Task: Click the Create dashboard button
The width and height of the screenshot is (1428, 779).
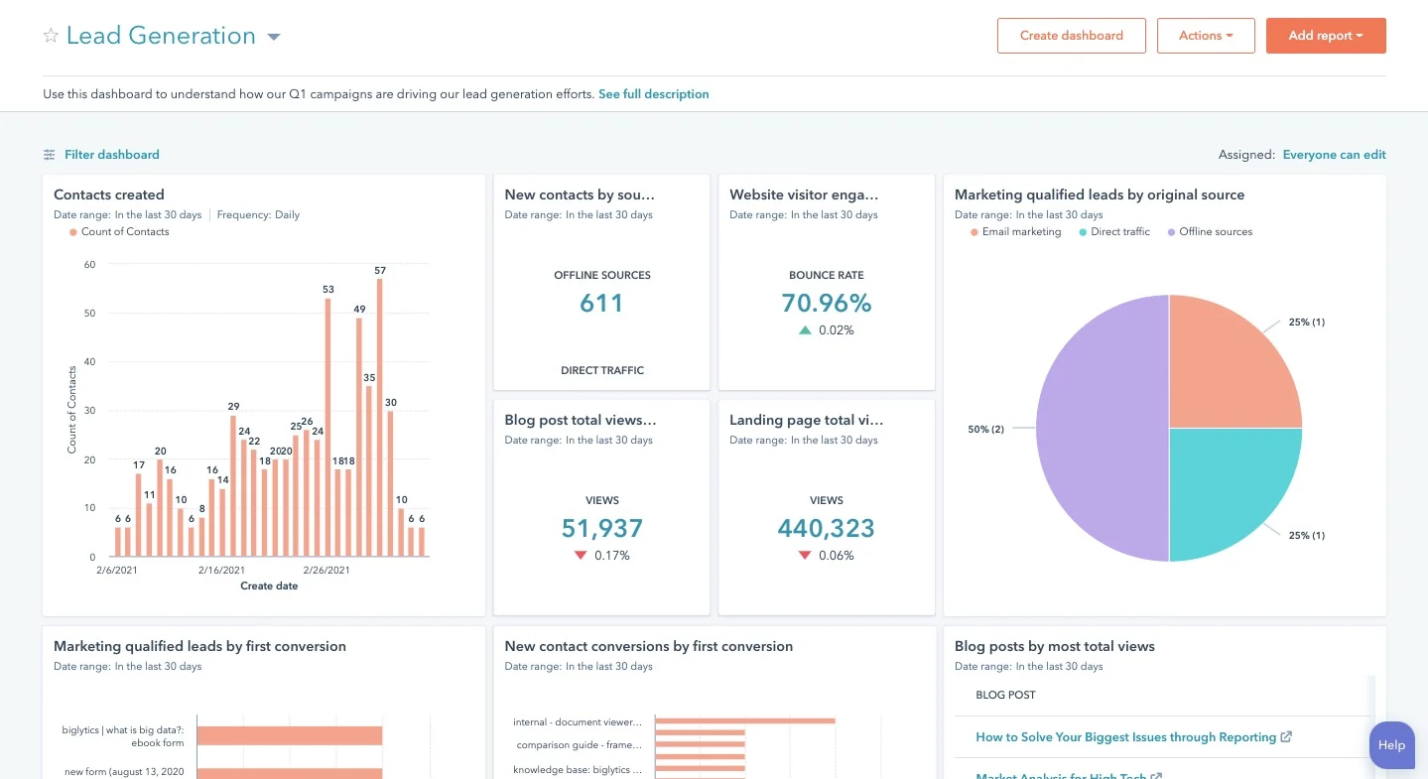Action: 1071,36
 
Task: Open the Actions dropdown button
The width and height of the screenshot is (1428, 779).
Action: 1206,36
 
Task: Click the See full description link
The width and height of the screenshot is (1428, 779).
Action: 653,94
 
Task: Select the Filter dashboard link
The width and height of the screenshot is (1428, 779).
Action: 111,155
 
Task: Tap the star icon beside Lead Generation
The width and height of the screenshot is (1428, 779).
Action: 51,37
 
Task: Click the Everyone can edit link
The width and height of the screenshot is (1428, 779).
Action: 1334,155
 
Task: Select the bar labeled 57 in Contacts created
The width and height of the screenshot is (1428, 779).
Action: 380,417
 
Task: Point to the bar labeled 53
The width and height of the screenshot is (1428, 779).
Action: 327,427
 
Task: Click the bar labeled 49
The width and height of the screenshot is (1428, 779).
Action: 359,437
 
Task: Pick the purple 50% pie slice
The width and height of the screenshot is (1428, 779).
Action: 1102,429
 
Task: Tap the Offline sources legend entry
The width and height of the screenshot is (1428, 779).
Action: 1215,232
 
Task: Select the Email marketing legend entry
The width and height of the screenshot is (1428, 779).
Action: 1020,232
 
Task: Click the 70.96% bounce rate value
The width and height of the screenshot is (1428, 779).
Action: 826,303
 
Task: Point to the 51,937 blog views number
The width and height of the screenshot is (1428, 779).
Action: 601,528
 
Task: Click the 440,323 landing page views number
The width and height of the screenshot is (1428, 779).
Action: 826,528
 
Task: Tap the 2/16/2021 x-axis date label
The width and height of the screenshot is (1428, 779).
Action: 221,571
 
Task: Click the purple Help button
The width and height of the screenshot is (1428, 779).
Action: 1391,745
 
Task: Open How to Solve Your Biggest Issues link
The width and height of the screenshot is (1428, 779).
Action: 1125,737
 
